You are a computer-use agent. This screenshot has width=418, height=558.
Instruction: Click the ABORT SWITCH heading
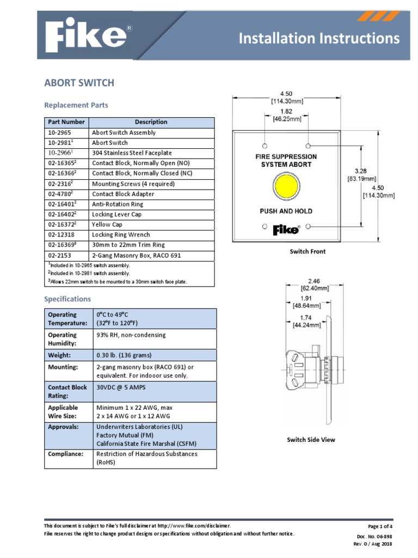coord(79,83)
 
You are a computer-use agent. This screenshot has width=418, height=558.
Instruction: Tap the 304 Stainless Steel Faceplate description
coord(132,153)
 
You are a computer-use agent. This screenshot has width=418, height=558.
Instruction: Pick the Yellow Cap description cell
coord(107,225)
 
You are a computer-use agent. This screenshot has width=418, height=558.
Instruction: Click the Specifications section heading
coord(67,299)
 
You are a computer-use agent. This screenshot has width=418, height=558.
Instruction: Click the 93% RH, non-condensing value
coord(131,335)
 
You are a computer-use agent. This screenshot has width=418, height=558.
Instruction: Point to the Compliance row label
coord(66,454)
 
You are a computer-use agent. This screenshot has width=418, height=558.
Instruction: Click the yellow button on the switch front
coord(286,187)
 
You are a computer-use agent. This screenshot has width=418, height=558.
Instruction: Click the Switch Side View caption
coord(311,440)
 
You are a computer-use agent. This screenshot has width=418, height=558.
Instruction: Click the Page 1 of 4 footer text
coord(380,526)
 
